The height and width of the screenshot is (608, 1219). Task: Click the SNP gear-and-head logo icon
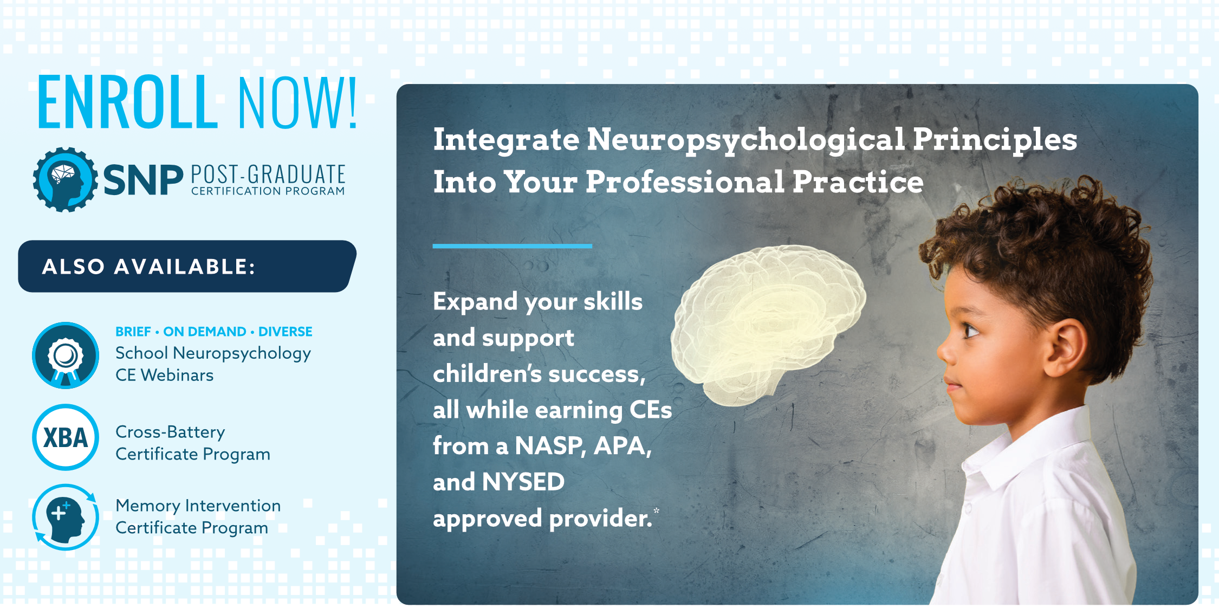pyautogui.click(x=66, y=179)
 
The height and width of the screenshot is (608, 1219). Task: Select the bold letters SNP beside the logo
pyautogui.click(x=143, y=180)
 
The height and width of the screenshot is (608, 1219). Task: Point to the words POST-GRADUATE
pyautogui.click(x=268, y=174)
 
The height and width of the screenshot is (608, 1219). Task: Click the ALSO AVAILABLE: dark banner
pyautogui.click(x=187, y=266)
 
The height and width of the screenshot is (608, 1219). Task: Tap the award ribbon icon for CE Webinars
pyautogui.click(x=66, y=355)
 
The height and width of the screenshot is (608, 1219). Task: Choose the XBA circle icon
pyautogui.click(x=66, y=437)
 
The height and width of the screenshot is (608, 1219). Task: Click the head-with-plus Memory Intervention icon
pyautogui.click(x=66, y=517)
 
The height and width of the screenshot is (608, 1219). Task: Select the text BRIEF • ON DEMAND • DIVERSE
pyautogui.click(x=214, y=332)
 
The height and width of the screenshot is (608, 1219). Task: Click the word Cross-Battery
pyautogui.click(x=170, y=432)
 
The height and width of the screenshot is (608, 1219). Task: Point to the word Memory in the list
pyautogui.click(x=148, y=506)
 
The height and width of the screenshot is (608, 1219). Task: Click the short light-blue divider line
pyautogui.click(x=513, y=246)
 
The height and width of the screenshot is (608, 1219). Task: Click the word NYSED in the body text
pyautogui.click(x=523, y=482)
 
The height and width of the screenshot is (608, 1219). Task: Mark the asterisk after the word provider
pyautogui.click(x=657, y=510)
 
